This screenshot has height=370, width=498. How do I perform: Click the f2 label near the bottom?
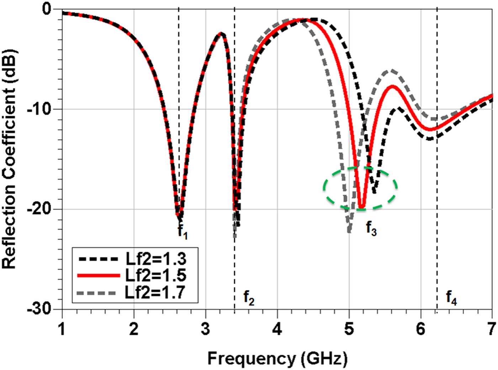tap(249, 298)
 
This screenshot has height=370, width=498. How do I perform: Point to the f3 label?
tap(371, 228)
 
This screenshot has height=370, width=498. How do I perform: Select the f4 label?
tap(451, 297)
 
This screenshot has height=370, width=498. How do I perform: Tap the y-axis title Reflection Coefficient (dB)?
tap(10, 159)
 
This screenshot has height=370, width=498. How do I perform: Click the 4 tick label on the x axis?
tap(277, 329)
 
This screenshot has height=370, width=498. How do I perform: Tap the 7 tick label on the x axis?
tap(492, 329)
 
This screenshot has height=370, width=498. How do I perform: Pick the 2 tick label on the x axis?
tap(134, 329)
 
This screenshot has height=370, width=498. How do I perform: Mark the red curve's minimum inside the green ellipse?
tap(361, 208)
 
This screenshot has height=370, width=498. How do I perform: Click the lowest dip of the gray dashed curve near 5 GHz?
tap(349, 232)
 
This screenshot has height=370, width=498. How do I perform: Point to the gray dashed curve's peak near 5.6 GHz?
tap(392, 70)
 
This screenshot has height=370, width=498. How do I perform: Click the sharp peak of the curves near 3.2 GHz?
tap(221, 33)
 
